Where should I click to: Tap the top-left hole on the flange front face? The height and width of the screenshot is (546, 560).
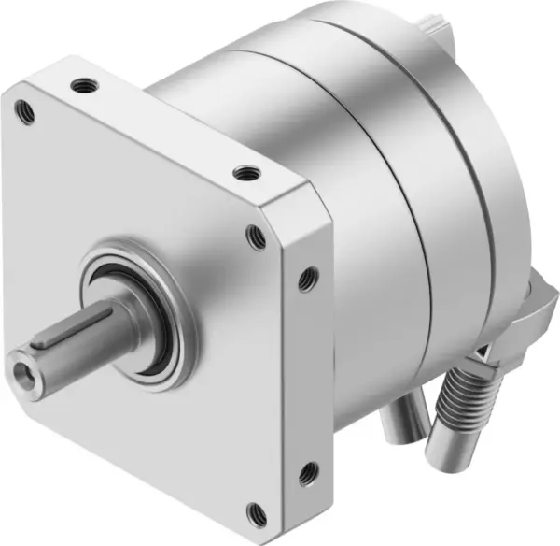pos(27,110)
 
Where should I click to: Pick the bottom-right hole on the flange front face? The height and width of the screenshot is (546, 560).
pos(252,510)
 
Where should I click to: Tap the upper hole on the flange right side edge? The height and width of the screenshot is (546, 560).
pos(306,277)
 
